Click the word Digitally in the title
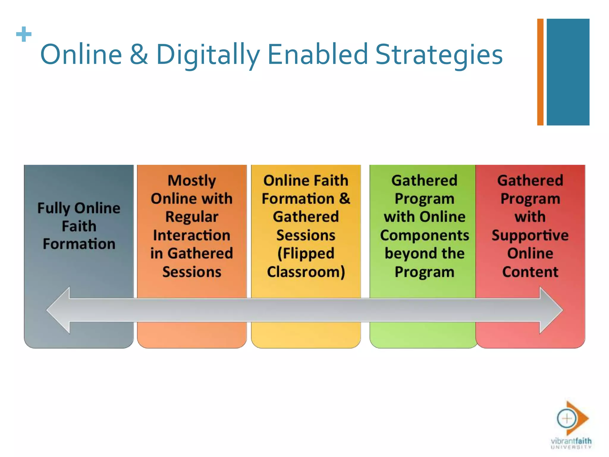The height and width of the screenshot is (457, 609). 208,54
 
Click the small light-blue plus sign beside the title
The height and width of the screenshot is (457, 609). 24,34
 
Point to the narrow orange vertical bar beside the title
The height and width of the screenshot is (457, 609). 540,72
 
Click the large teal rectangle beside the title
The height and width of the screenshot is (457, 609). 568,72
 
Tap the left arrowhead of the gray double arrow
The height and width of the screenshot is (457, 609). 58,310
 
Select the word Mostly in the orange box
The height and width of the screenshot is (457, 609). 192,181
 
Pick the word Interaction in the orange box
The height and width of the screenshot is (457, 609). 192,235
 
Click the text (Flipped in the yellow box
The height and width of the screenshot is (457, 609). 306,253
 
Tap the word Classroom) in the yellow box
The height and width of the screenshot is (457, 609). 306,272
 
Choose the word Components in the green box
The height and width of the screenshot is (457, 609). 424,235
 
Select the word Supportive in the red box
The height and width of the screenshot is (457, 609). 530,235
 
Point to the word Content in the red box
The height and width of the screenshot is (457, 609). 530,272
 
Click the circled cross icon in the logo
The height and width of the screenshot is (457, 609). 566,418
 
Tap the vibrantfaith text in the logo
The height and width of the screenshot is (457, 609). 571,441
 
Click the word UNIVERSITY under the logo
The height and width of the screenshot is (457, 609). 571,447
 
